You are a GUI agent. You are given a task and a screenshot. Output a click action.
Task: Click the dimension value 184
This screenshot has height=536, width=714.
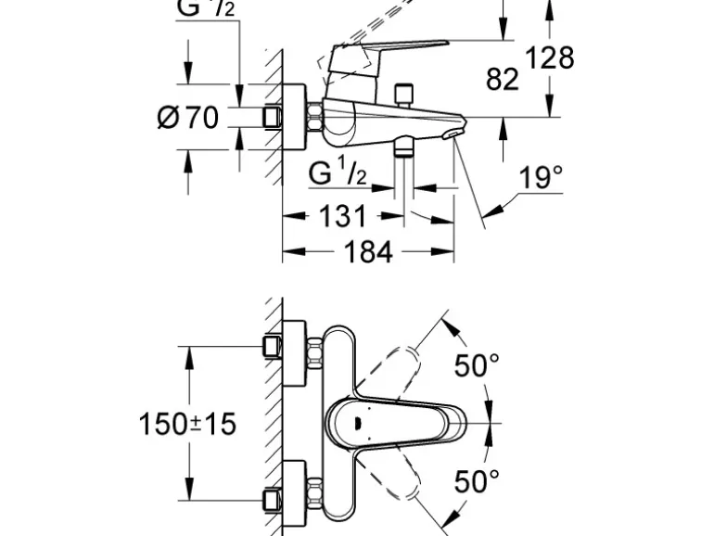[x=369, y=252]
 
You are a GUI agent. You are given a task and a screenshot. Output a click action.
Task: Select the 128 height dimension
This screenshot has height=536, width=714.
[x=550, y=57]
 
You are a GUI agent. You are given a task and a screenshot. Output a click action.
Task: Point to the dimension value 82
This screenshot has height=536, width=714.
[x=503, y=81]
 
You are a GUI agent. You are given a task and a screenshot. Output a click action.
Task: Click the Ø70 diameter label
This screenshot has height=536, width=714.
[x=188, y=118]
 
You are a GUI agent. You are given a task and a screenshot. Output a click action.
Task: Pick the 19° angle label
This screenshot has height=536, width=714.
[x=541, y=178]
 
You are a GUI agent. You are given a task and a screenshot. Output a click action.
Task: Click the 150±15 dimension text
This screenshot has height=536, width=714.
[x=188, y=424]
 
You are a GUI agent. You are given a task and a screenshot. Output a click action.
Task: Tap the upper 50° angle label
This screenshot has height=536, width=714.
[x=476, y=366]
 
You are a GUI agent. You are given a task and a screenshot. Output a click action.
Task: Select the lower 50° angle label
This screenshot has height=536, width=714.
[x=476, y=481]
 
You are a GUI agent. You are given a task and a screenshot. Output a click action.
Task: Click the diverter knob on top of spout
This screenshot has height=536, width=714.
[x=403, y=96]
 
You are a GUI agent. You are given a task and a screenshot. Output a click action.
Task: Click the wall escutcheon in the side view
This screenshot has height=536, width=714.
[x=295, y=117]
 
